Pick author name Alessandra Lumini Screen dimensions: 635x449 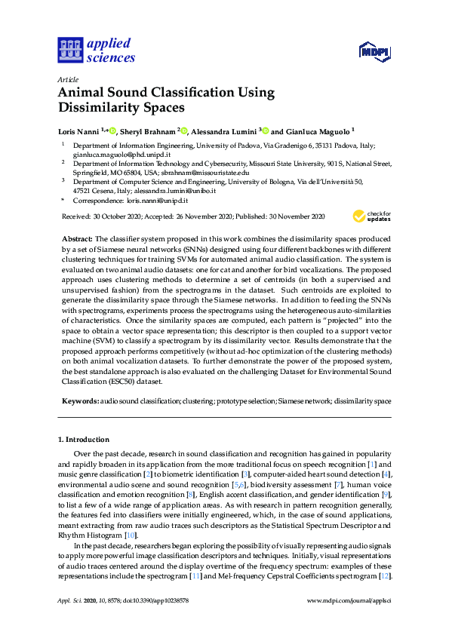click(x=223, y=130)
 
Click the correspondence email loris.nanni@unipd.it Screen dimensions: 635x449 click(x=148, y=201)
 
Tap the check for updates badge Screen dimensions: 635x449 click(x=373, y=217)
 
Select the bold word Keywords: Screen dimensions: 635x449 click(x=79, y=402)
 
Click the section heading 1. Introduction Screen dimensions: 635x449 click(x=84, y=439)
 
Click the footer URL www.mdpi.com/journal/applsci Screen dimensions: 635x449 click(x=349, y=601)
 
